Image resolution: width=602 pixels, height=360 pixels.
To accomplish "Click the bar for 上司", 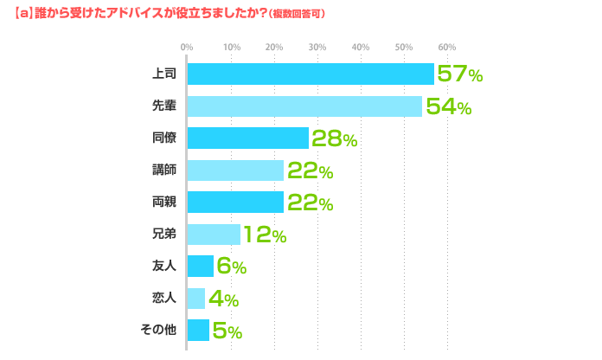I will [311, 74].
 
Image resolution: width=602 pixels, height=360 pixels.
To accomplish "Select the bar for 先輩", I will [304, 106].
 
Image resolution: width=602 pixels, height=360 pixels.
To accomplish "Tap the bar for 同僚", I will [248, 138].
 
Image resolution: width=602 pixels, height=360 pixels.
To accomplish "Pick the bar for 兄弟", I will [214, 235].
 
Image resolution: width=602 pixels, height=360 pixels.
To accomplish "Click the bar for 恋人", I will [196, 299].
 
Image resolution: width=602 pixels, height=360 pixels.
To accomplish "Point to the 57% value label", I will [459, 74].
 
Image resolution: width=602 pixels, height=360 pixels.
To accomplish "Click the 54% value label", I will [447, 106].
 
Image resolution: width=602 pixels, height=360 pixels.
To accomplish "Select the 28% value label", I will [334, 138].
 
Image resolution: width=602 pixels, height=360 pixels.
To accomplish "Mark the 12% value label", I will [265, 235].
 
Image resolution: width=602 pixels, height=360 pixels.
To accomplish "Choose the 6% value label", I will [231, 267].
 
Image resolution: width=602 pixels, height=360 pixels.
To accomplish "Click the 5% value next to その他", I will [227, 331].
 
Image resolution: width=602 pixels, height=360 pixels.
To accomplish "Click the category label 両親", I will [164, 202].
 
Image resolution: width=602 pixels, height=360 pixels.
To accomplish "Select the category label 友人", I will [164, 267].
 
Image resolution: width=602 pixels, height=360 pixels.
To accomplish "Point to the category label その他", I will [158, 331].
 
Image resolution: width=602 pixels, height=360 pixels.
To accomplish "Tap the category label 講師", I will [164, 170].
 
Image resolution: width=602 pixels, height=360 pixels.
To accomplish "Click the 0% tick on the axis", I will [187, 47].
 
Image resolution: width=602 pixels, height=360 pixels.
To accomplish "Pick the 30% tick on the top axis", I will [317, 47].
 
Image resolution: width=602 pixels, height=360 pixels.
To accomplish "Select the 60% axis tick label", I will [446, 47].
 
